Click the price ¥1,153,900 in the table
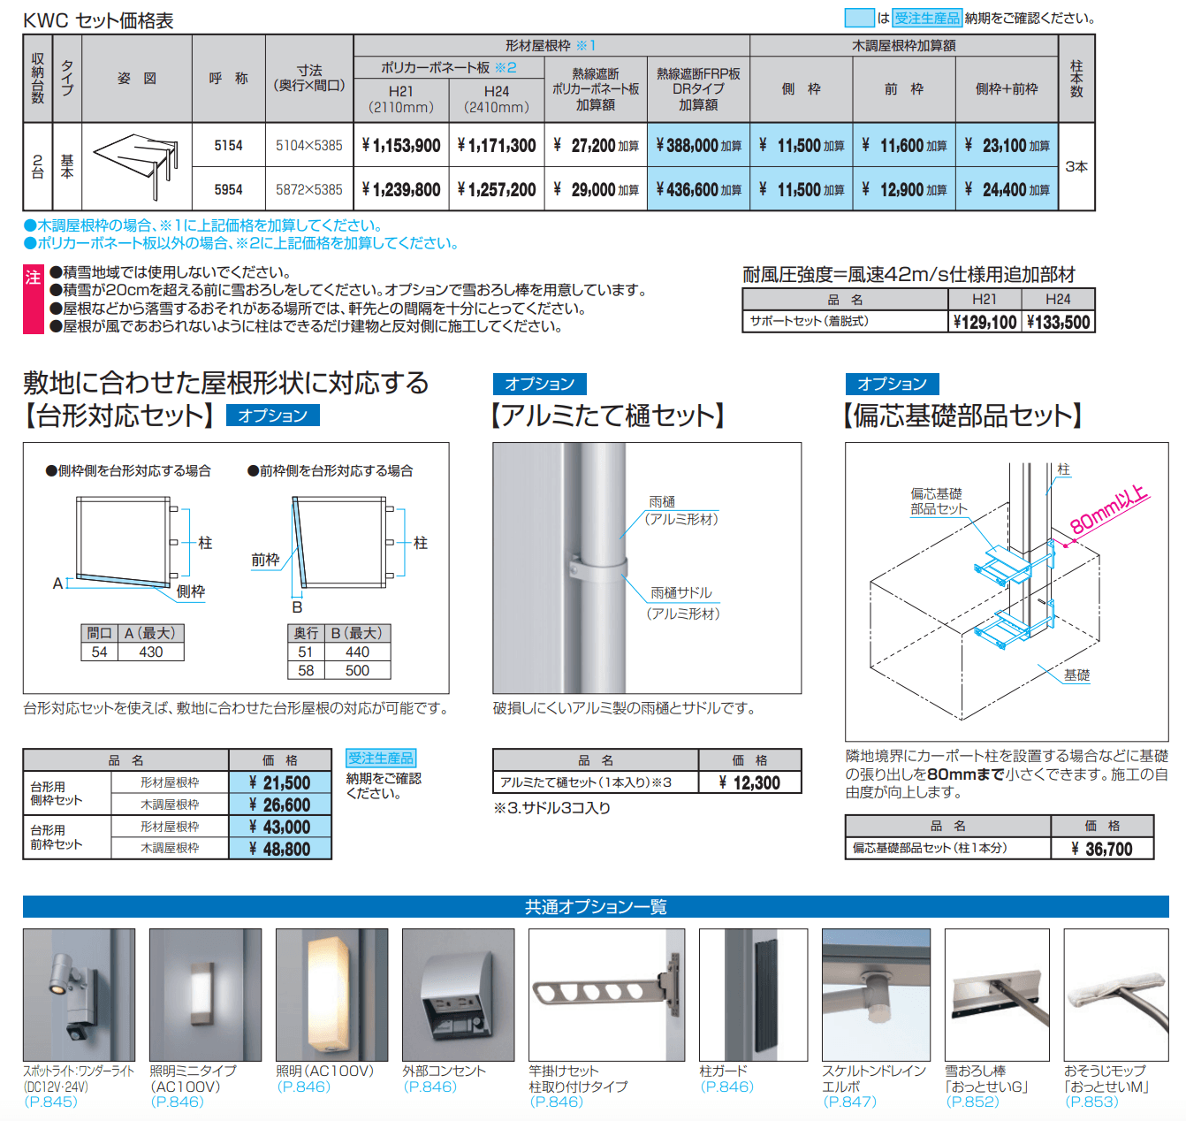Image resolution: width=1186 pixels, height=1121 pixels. [x=401, y=146]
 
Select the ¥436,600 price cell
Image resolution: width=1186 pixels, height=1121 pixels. [x=698, y=190]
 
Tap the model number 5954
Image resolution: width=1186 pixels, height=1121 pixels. [x=228, y=190]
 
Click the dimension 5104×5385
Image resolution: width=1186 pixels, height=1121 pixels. [x=308, y=146]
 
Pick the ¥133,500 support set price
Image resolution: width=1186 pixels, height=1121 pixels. [x=1058, y=323]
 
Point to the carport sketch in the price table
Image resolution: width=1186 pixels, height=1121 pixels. [x=137, y=165]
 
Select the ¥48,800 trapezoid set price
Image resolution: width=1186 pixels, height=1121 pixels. [x=280, y=849]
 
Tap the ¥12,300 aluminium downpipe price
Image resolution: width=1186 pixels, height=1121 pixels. [x=749, y=782]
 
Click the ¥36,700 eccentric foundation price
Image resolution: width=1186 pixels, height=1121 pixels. [x=1102, y=849]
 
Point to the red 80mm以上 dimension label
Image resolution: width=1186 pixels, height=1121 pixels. [x=1108, y=511]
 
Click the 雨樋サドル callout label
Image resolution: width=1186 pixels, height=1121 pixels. [x=680, y=593]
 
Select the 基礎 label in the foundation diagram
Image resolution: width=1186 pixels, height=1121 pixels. [x=1076, y=675]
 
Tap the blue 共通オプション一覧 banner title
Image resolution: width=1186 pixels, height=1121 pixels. [x=596, y=907]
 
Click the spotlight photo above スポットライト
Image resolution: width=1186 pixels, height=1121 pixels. [x=79, y=995]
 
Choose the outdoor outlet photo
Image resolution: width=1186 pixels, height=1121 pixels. [x=458, y=995]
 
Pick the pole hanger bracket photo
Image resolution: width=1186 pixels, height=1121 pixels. [x=606, y=995]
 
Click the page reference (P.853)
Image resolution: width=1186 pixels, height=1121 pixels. [x=1091, y=1102]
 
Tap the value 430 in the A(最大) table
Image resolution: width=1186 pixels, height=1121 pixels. [x=150, y=652]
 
